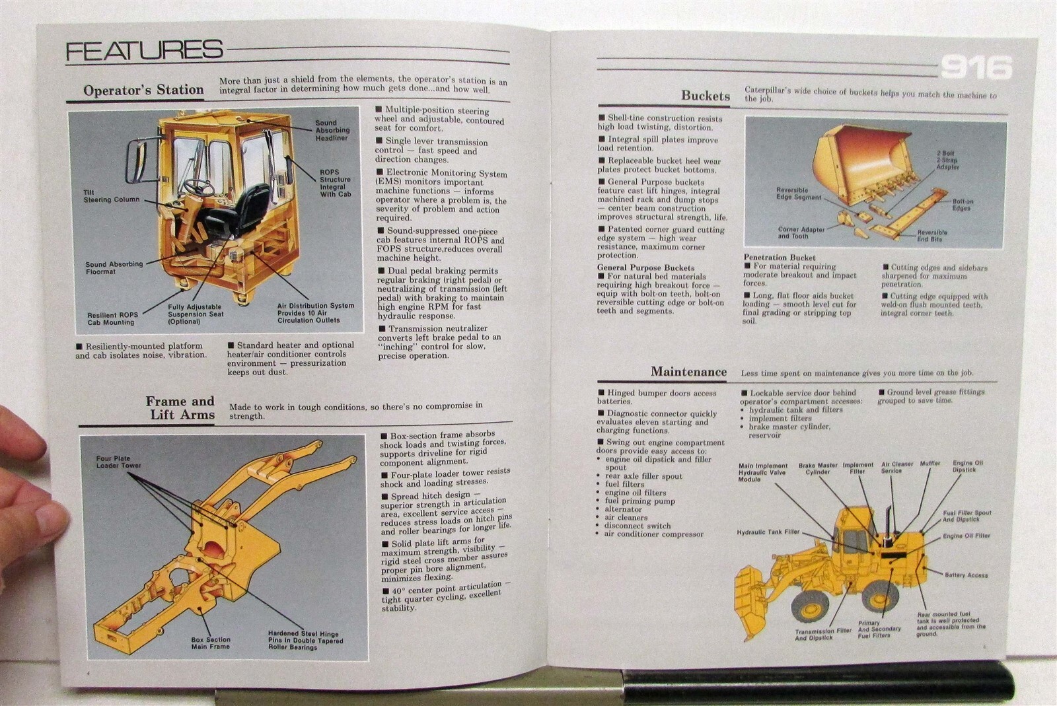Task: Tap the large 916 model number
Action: coord(976,67)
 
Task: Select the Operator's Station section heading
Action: coord(143,90)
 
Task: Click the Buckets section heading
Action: coord(705,96)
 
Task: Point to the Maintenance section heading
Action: coord(688,372)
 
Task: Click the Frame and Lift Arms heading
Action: coord(180,408)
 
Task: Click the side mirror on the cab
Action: coord(137,161)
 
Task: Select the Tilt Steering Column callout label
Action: coord(111,196)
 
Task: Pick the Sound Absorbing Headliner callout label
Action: coord(332,130)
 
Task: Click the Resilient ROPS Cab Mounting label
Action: coord(112,319)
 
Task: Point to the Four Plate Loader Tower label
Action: coord(118,462)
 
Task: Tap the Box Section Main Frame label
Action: coord(211,643)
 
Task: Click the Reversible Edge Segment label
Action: coord(798,194)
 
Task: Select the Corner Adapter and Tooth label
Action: coord(801,232)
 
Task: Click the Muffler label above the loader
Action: coord(929,464)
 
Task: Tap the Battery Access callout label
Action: coord(966,575)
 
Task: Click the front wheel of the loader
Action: coord(810,606)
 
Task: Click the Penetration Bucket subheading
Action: coord(779,258)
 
